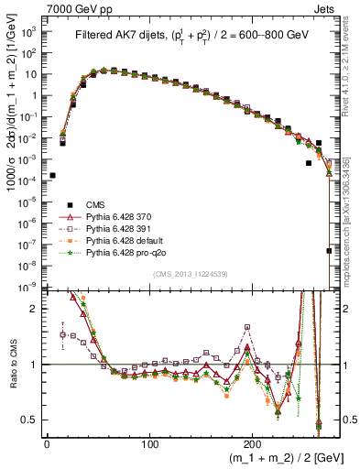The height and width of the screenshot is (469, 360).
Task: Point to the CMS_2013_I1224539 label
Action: point(191,275)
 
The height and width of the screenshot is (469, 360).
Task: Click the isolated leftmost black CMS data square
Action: point(52,175)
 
